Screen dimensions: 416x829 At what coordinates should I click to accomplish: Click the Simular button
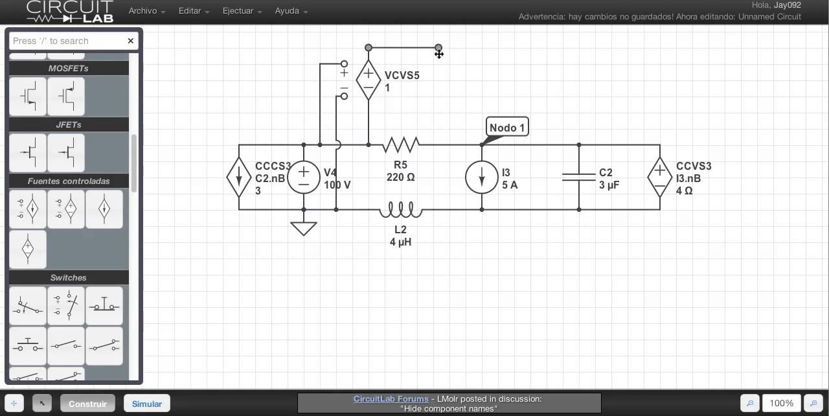147,404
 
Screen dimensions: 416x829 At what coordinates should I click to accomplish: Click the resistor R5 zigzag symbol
401,144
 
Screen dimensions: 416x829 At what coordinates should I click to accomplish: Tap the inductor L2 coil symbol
401,209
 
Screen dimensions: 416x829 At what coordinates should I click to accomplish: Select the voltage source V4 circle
304,177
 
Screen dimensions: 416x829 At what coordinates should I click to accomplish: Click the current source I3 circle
482,177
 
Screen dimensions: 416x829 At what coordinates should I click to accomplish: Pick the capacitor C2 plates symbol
579,177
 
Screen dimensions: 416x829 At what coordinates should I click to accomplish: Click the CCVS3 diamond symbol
660,177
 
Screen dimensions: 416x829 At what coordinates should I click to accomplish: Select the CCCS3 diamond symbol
239,177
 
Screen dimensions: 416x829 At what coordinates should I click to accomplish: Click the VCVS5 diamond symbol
369,80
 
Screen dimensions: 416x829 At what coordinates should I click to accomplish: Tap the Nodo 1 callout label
507,127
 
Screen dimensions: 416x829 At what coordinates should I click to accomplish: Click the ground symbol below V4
304,228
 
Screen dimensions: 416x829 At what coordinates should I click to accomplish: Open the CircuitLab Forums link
391,399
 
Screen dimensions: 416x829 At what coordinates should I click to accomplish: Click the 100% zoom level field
781,403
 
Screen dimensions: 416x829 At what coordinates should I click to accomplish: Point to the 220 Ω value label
400,177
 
